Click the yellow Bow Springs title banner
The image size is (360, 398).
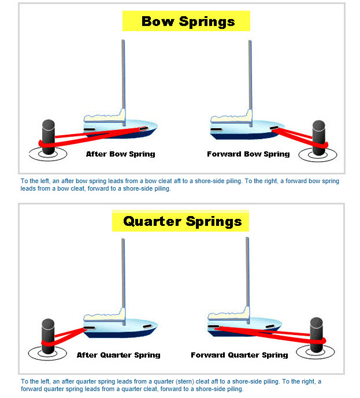(186, 21)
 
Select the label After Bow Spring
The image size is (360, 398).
(120, 154)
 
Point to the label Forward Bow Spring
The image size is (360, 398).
(248, 154)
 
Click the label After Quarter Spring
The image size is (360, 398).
(118, 355)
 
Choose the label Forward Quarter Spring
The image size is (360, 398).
(239, 355)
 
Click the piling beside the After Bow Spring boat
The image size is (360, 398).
(48, 136)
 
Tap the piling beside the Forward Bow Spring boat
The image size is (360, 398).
(319, 137)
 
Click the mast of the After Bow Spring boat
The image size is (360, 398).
(123, 75)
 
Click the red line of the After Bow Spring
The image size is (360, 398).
(92, 136)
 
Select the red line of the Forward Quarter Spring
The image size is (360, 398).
(272, 333)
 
